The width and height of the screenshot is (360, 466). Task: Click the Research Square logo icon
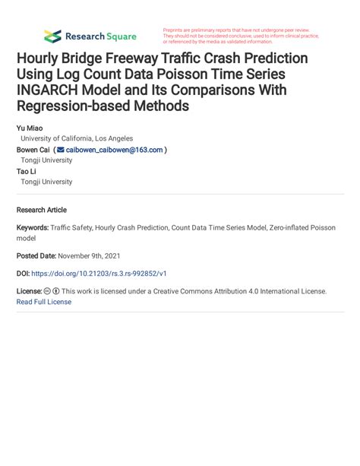(x=52, y=36)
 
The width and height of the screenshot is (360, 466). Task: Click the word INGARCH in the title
(x=49, y=90)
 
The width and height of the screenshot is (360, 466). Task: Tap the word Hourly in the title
(x=43, y=59)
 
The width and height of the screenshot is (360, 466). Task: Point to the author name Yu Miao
(x=30, y=128)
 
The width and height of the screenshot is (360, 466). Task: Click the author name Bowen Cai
(x=34, y=150)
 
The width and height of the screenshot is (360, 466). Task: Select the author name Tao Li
(x=26, y=171)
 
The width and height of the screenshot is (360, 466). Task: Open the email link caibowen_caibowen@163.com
(x=114, y=150)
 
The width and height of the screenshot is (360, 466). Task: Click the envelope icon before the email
(x=61, y=150)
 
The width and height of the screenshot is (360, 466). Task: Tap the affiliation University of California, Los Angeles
(x=76, y=139)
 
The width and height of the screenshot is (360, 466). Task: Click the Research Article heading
(x=41, y=210)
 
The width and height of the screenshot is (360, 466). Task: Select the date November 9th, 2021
(x=90, y=255)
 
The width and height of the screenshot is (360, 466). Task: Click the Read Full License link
(x=43, y=302)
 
